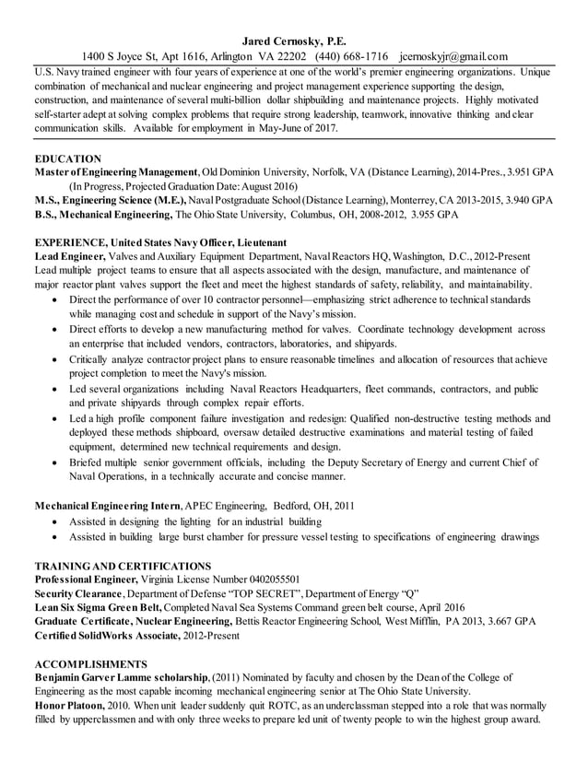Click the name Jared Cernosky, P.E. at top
(295, 41)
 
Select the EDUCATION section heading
(67, 158)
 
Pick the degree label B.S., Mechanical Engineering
(102, 214)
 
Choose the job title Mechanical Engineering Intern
(108, 506)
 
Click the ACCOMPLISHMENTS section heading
(90, 663)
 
